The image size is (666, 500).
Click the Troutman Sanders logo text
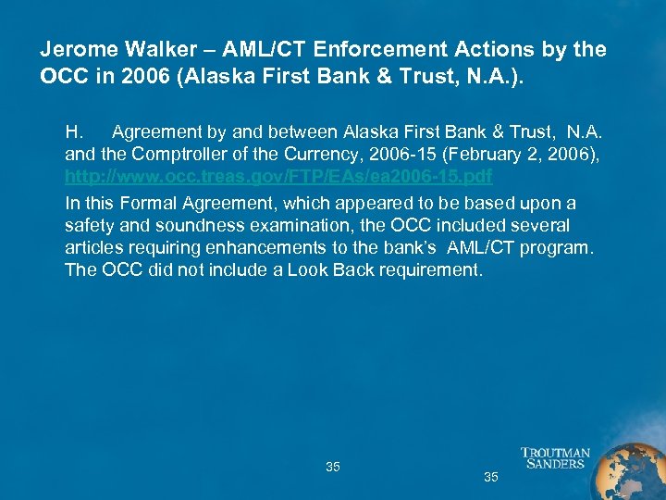(555, 458)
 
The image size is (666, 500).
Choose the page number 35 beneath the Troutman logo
(491, 477)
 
